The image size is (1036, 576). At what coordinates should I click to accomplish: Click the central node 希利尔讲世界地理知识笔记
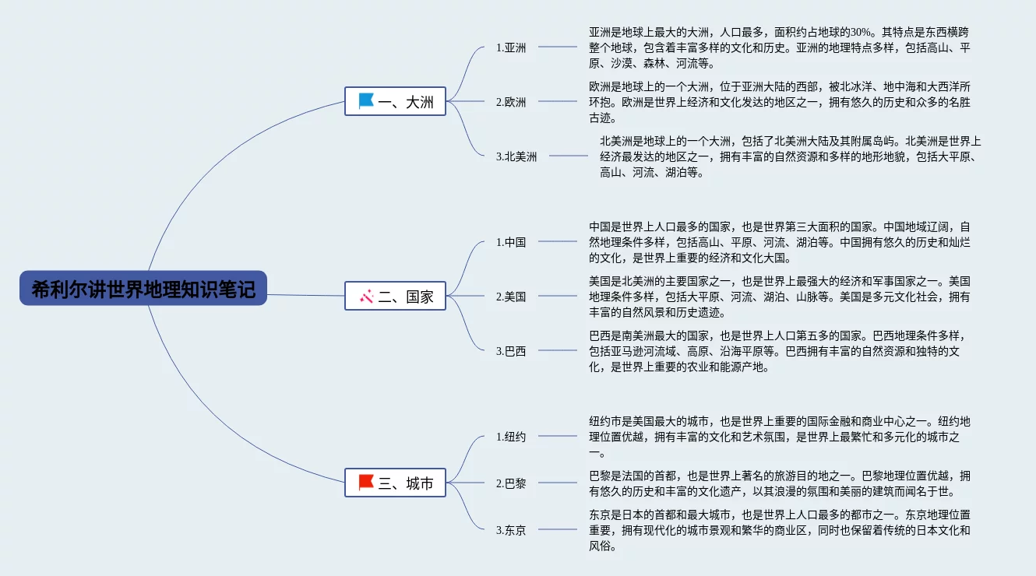143,289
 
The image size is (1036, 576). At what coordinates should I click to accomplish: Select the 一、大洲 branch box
396,101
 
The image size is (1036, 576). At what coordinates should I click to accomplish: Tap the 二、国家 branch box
396,296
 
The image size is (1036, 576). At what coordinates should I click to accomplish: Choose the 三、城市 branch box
396,483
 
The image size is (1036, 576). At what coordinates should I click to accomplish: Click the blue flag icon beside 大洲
366,100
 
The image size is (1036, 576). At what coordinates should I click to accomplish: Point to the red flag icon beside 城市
366,483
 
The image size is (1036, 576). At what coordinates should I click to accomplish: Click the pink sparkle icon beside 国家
366,296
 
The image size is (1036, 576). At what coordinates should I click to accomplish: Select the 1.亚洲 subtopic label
511,47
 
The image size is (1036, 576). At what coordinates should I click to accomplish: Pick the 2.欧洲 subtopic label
511,102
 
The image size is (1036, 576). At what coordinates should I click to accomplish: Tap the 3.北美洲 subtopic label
516,156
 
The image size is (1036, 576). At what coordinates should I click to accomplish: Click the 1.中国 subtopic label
511,242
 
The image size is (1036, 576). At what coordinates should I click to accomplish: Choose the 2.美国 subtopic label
511,297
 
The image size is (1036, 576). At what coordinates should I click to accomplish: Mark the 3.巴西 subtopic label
511,351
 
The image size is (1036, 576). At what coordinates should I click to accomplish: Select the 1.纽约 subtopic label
511,437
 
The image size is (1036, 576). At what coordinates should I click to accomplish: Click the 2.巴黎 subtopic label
511,483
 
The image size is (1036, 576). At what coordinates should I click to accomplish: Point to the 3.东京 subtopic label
511,530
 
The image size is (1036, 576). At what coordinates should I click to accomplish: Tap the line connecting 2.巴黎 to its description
558,483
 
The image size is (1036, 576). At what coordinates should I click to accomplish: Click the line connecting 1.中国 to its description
558,241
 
